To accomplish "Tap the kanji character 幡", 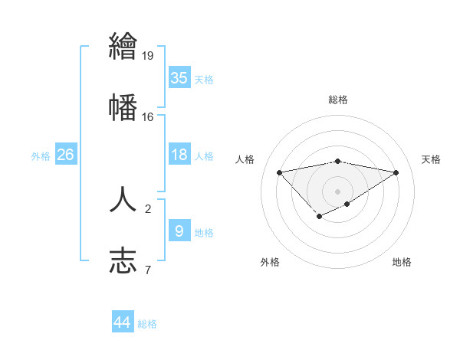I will point(123,106).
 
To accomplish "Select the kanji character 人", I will point(123,198).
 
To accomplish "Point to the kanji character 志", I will point(123,260).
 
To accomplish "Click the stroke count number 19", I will point(148,55).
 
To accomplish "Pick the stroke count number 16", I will point(148,116).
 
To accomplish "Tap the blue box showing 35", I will point(179,78).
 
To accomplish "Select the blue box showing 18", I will point(179,155).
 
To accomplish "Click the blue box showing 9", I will point(179,231).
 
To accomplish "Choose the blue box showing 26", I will point(66,155).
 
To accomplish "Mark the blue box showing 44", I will point(123,322).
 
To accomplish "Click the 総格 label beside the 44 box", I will point(147,324).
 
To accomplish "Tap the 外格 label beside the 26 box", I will point(41,156).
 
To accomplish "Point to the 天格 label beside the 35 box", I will point(204,80).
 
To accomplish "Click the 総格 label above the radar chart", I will point(337,100).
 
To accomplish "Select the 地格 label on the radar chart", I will point(402,262).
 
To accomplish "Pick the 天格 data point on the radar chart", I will point(396,172).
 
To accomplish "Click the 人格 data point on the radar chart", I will point(279,172).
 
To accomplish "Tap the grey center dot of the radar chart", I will point(337,191).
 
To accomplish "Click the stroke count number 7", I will point(147,270).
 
